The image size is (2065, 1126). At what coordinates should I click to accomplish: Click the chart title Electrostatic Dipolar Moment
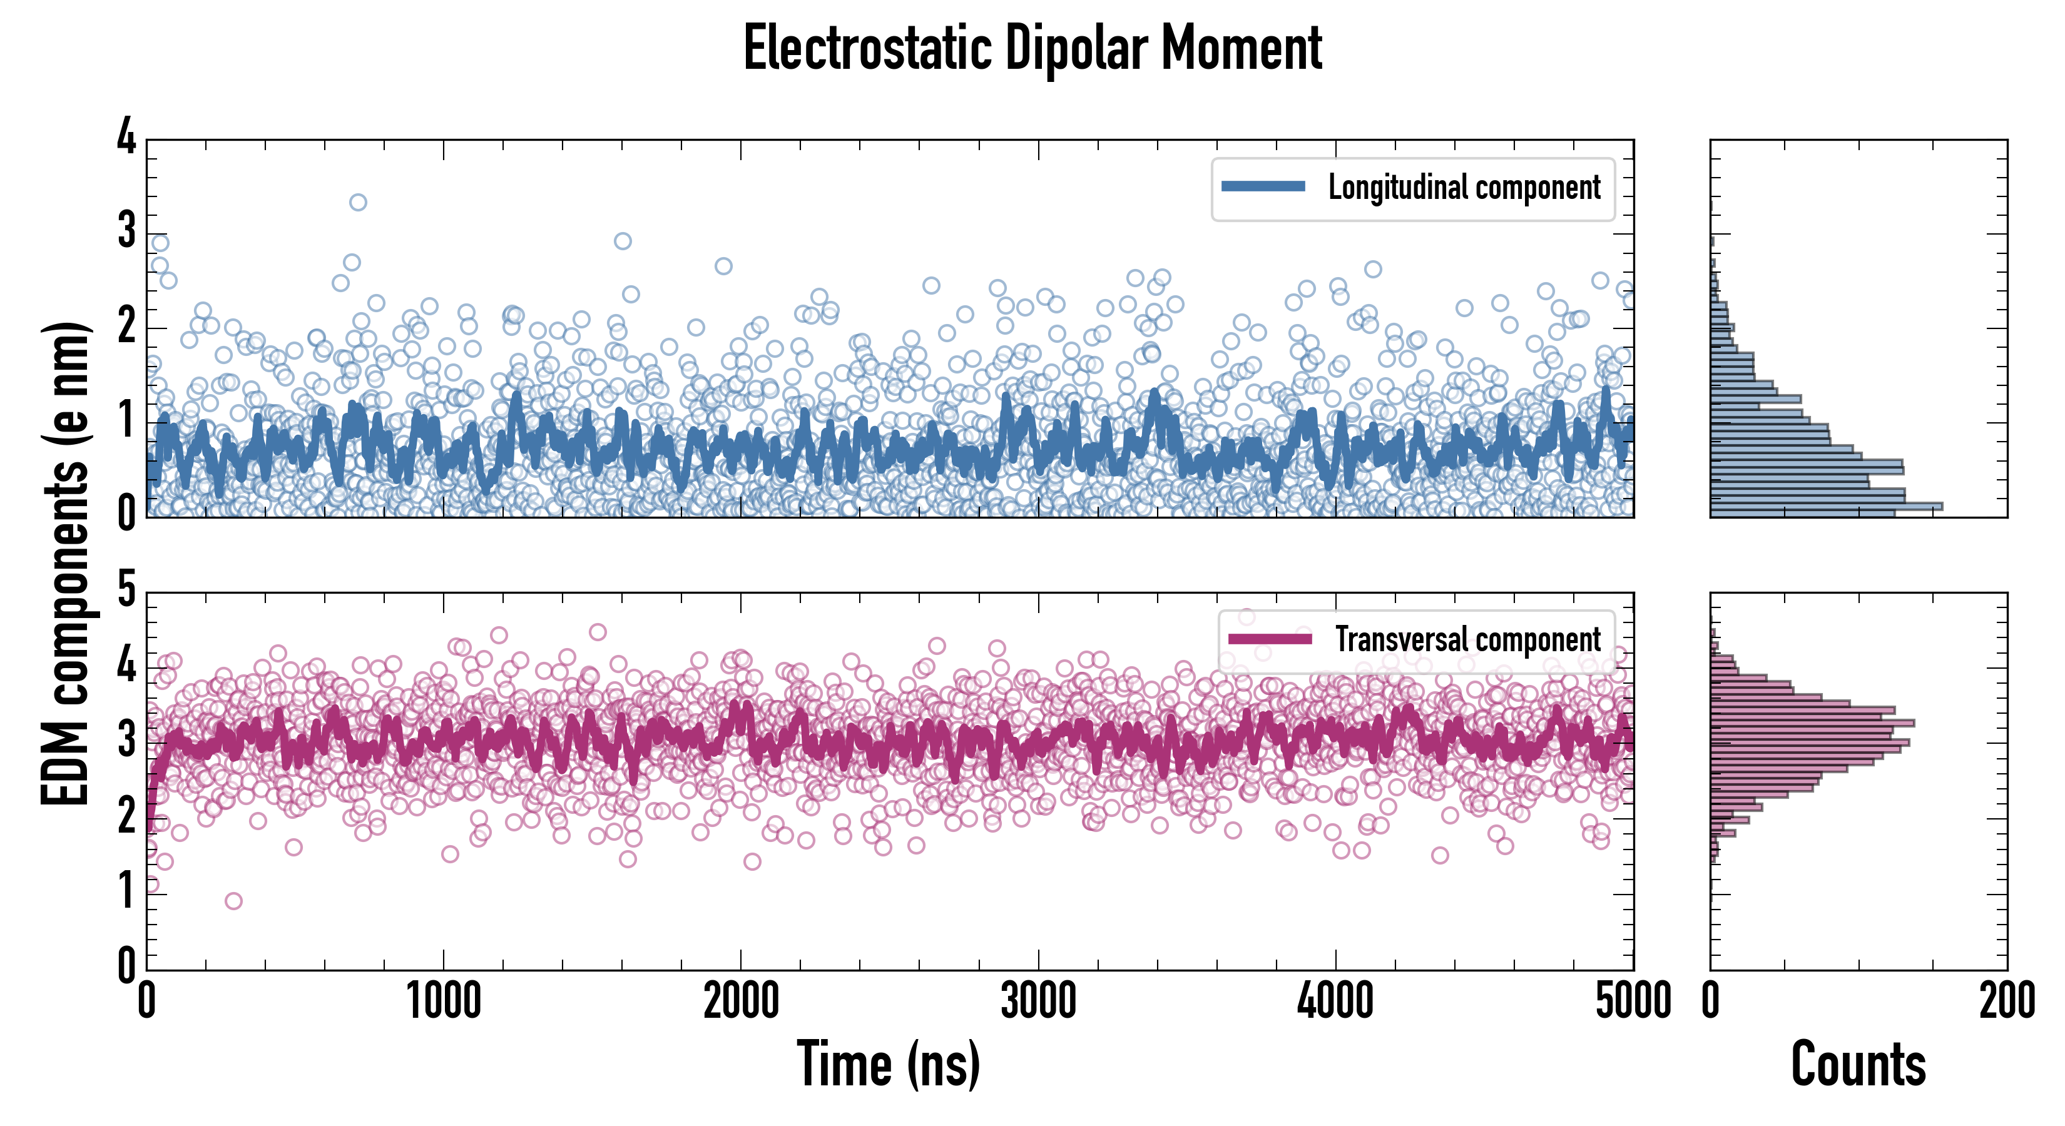pos(1032,48)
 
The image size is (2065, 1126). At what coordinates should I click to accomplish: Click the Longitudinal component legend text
pos(1464,188)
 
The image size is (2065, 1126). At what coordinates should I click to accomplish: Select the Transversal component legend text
pos(1468,639)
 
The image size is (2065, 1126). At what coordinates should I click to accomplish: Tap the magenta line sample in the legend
pos(1270,639)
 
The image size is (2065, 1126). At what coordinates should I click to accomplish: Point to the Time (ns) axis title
pos(888,1064)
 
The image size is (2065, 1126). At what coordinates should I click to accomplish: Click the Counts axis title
pos(1858,1064)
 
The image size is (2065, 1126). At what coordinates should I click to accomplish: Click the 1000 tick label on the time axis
pos(443,1002)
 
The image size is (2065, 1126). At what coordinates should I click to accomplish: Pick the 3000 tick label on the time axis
pos(1038,1002)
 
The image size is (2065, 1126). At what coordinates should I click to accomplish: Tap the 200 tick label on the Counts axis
pos(2006,1002)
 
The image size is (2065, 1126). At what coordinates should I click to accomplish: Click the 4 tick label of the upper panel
pos(126,138)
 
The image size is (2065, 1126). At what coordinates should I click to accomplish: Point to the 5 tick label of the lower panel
pos(126,591)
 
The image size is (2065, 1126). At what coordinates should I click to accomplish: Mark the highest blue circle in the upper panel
pos(359,202)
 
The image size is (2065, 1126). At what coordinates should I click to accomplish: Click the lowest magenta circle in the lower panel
pos(233,901)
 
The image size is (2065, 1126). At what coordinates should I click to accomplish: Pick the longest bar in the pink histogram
pos(1812,724)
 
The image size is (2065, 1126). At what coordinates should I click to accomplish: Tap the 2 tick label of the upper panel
pos(126,326)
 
